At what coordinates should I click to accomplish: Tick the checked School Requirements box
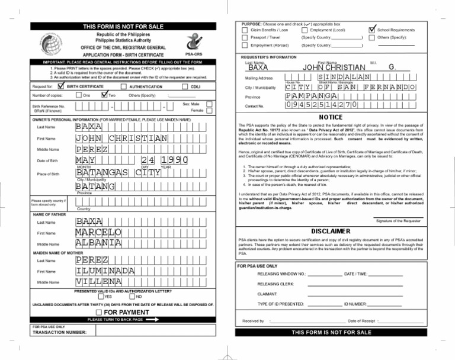pyautogui.click(x=372, y=29)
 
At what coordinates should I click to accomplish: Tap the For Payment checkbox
pyautogui.click(x=99, y=312)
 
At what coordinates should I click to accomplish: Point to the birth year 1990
pyautogui.click(x=174, y=161)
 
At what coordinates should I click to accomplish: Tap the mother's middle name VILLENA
pyautogui.click(x=99, y=282)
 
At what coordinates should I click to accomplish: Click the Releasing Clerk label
pyautogui.click(x=275, y=284)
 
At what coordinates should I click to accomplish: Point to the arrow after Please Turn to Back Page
pyautogui.click(x=153, y=319)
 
